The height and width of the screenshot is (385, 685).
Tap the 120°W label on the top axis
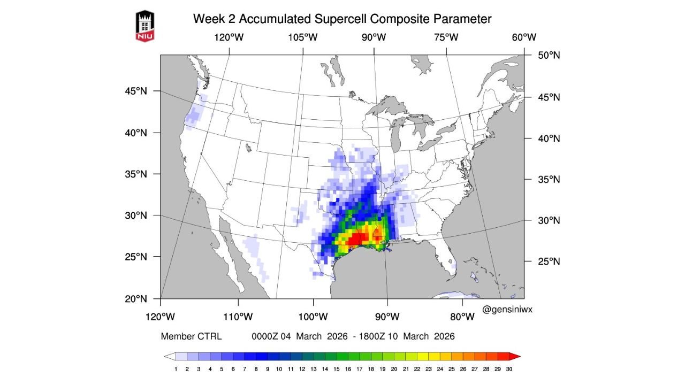pyautogui.click(x=229, y=37)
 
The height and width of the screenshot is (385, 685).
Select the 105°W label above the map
pyautogui.click(x=303, y=37)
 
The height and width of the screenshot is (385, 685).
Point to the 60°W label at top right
pyautogui.click(x=523, y=37)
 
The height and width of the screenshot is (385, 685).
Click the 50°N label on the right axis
pyautogui.click(x=549, y=55)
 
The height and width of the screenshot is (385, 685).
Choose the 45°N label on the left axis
pyautogui.click(x=135, y=91)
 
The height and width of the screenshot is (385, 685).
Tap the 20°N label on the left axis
pyautogui.click(x=135, y=298)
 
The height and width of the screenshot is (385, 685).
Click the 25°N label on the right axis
pyautogui.click(x=549, y=261)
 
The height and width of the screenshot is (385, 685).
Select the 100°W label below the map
pyautogui.click(x=313, y=317)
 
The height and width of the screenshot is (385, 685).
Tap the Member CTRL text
pyautogui.click(x=191, y=336)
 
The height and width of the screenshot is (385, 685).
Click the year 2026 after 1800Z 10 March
pyautogui.click(x=443, y=336)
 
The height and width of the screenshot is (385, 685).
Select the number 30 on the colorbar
pyautogui.click(x=509, y=369)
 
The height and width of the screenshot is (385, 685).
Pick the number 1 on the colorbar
pyautogui.click(x=176, y=369)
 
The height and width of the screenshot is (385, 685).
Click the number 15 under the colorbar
pyautogui.click(x=337, y=369)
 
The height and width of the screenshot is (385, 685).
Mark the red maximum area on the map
pyautogui.click(x=355, y=238)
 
